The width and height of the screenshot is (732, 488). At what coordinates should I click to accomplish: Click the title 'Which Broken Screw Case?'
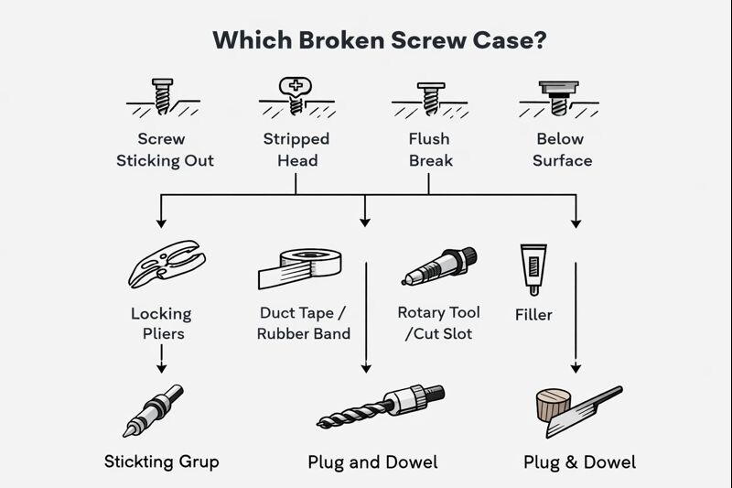pyautogui.click(x=366, y=41)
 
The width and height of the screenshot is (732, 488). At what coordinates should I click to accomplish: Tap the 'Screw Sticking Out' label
pyautogui.click(x=162, y=150)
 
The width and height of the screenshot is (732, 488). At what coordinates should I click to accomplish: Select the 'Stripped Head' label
pyautogui.click(x=296, y=150)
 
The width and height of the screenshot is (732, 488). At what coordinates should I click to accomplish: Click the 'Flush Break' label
pyautogui.click(x=429, y=150)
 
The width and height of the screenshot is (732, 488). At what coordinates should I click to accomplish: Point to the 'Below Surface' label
pyautogui.click(x=563, y=150)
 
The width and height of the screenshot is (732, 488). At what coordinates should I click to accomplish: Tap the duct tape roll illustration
pyautogui.click(x=299, y=264)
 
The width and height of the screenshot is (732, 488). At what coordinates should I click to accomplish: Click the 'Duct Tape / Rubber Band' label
pyautogui.click(x=303, y=323)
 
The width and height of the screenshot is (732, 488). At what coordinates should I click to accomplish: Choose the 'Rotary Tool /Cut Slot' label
pyautogui.click(x=438, y=323)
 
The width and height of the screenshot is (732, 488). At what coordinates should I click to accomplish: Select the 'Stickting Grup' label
pyautogui.click(x=162, y=461)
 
